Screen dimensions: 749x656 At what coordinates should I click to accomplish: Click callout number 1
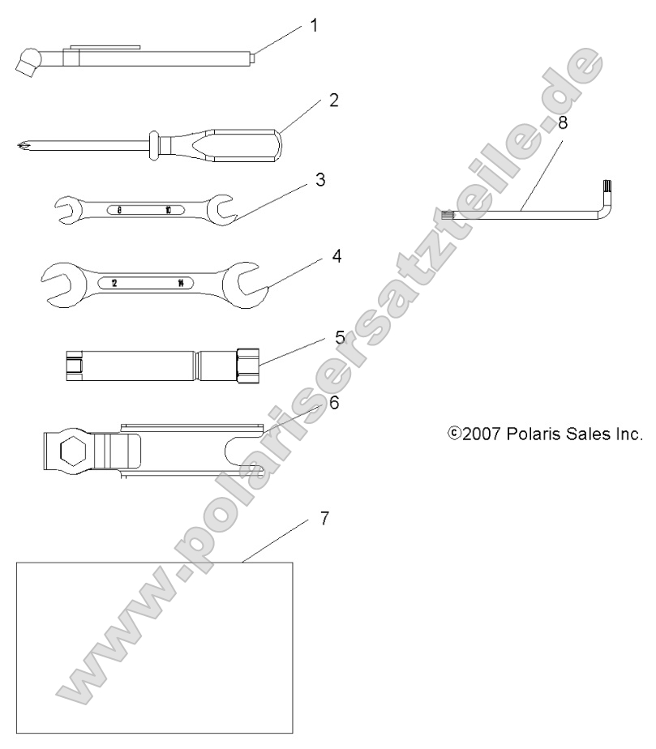point(314,25)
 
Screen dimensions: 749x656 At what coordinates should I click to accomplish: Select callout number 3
point(320,180)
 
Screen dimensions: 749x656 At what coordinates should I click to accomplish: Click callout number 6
point(333,403)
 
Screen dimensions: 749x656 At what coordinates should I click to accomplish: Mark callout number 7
point(324,519)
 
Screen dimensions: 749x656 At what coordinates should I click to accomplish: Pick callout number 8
point(564,124)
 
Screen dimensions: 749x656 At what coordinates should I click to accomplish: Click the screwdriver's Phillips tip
point(20,147)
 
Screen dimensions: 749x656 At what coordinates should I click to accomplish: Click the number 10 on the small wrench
point(168,210)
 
